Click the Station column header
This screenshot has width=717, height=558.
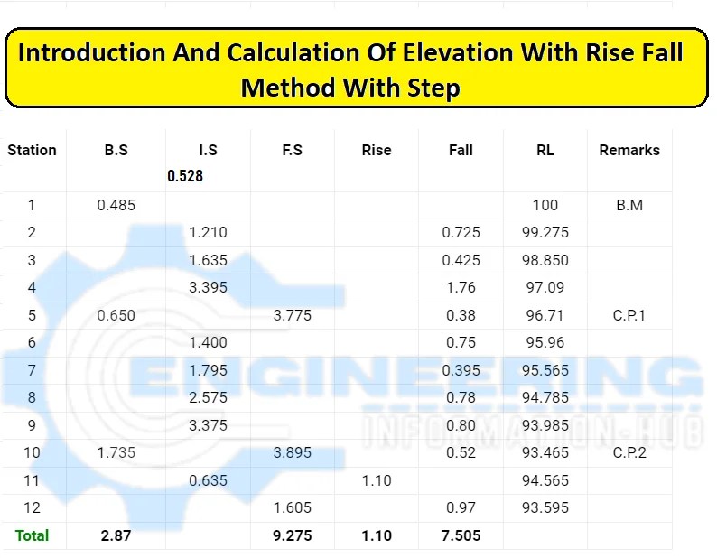[x=32, y=150]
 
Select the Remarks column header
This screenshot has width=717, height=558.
[x=629, y=150]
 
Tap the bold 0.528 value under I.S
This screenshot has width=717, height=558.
[x=185, y=176]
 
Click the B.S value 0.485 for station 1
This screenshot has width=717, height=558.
[x=116, y=205]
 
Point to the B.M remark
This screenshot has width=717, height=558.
[x=629, y=205]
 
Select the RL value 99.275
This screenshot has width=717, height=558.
[x=545, y=232]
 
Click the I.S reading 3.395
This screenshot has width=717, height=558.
[x=208, y=287]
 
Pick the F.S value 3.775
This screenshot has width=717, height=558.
[x=292, y=315]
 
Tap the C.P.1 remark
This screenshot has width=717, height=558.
[x=629, y=315]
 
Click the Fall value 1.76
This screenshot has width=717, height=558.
[x=461, y=287]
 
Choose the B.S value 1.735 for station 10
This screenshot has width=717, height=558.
[x=116, y=452]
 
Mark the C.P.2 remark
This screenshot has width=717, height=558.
[x=629, y=452]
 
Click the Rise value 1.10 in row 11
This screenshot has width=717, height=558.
[x=377, y=480]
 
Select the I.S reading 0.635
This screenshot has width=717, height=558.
[x=208, y=480]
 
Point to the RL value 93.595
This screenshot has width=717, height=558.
[x=545, y=507]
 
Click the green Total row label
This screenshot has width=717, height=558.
[x=32, y=535]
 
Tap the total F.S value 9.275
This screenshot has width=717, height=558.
[x=292, y=535]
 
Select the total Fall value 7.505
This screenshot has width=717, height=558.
[x=461, y=535]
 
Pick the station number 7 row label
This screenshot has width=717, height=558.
[x=32, y=370]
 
